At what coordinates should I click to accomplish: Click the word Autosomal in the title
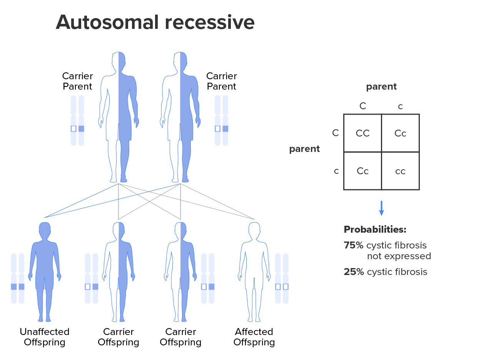click(107, 22)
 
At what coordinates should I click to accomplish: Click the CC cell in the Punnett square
click(362, 133)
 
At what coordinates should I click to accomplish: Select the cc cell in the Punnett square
click(400, 171)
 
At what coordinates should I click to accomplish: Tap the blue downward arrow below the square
click(381, 208)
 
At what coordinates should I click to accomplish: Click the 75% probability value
click(354, 245)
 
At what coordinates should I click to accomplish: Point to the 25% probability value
click(354, 272)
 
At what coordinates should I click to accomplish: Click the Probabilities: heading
click(375, 230)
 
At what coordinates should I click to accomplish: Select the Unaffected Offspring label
click(45, 337)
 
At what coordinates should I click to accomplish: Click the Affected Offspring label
click(254, 337)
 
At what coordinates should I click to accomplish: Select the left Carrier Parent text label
click(77, 81)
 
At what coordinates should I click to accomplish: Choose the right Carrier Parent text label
click(222, 81)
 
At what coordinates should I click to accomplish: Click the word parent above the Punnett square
click(381, 87)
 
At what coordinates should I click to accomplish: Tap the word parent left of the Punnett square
click(304, 149)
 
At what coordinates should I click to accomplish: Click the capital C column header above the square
click(362, 106)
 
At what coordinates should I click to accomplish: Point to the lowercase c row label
click(336, 171)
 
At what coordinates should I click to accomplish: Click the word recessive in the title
click(210, 22)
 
